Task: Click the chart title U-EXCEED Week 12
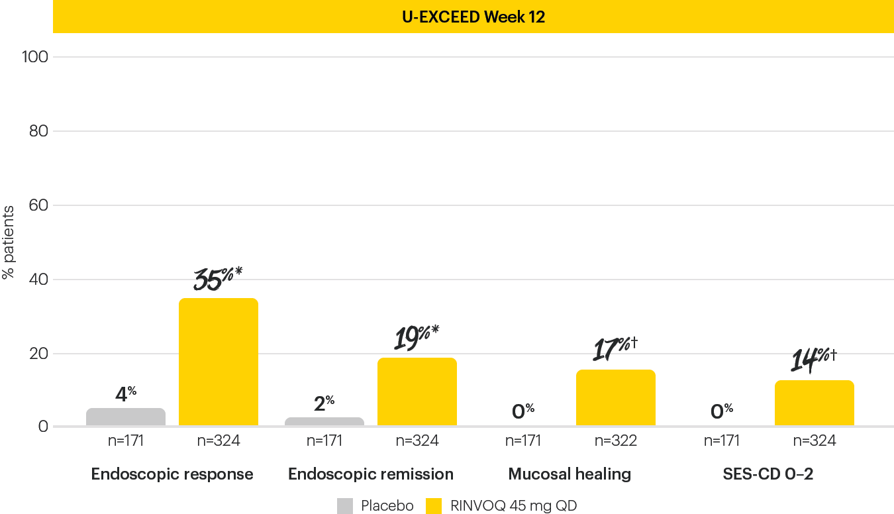(x=473, y=17)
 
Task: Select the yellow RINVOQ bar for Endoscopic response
(x=219, y=362)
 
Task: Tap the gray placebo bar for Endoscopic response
(x=126, y=417)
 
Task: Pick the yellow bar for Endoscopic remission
(x=417, y=391)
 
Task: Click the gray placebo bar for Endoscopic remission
(x=324, y=422)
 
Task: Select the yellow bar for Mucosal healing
(x=616, y=397)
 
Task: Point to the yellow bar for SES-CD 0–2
(x=815, y=403)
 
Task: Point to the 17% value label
(x=615, y=349)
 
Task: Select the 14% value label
(x=814, y=360)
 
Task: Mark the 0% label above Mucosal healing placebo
(x=523, y=411)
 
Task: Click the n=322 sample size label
(x=616, y=440)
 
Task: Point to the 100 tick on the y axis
(x=35, y=57)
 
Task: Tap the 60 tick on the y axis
(x=38, y=205)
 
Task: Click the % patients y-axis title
(x=9, y=242)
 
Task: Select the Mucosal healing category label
(x=570, y=474)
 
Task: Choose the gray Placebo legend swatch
(x=345, y=506)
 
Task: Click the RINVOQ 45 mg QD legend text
(x=513, y=506)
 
